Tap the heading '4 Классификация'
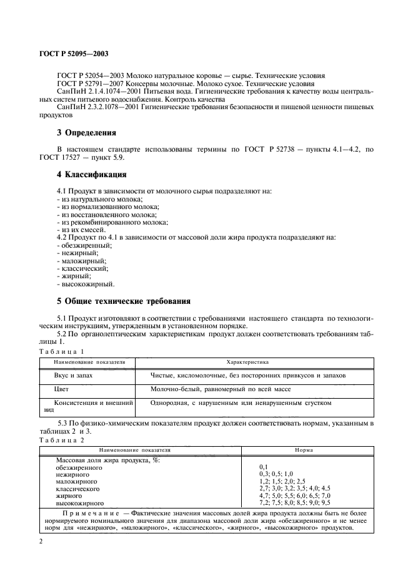coord(92,173)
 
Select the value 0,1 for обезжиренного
coord(264,467)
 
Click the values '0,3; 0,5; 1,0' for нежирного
coord(276,474)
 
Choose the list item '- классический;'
coord(82,268)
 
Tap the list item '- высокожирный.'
coord(85,283)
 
